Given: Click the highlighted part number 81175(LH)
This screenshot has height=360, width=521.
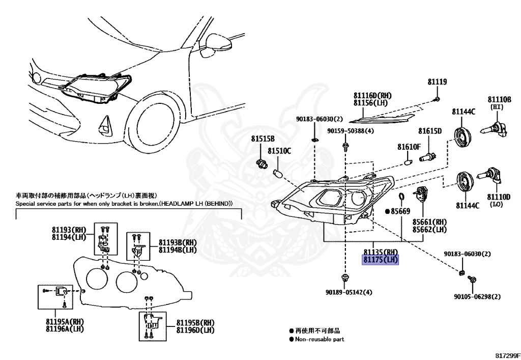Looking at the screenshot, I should point(381,260).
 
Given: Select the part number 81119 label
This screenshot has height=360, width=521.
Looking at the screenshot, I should point(437,82).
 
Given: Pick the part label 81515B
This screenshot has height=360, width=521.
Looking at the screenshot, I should point(262,139).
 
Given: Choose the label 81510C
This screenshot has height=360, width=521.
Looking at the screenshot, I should point(279,151).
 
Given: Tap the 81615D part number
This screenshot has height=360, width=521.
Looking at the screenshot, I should point(430,131).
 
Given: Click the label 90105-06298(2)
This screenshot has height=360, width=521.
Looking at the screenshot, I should point(477,297).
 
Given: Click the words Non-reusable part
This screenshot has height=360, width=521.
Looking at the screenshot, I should point(319,339).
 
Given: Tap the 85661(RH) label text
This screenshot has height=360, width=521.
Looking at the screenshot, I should point(429,222).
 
